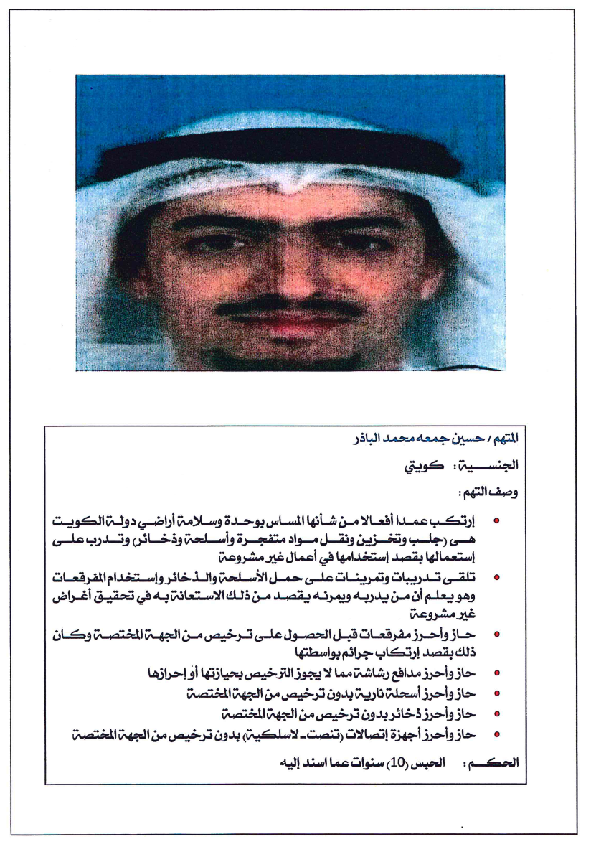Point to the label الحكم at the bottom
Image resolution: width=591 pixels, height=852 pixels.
tap(493, 762)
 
